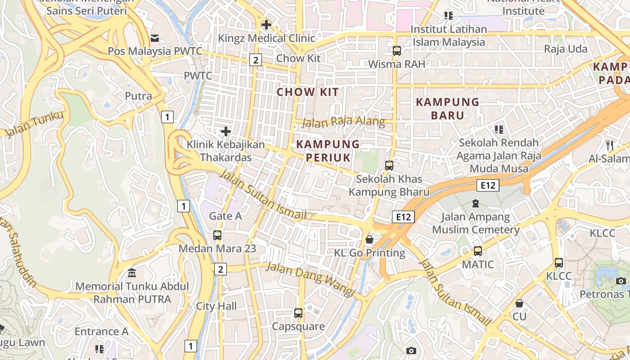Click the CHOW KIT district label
point(307,92)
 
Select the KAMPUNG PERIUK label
point(328,151)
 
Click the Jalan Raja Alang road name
point(343,121)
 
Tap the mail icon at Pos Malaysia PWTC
point(155,38)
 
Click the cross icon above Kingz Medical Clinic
point(266,25)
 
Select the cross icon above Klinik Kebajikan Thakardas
point(226,131)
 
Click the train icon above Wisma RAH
point(396,51)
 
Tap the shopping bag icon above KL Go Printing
point(369,239)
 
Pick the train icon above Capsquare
point(298,313)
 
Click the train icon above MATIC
point(478,251)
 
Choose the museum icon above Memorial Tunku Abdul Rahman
point(132,273)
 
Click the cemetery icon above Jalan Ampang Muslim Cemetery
point(476,203)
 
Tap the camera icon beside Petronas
point(621,281)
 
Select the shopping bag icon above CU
point(519,303)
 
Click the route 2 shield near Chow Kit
point(256,59)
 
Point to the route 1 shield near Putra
point(167,117)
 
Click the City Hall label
point(216,306)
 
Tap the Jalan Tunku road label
point(34,124)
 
